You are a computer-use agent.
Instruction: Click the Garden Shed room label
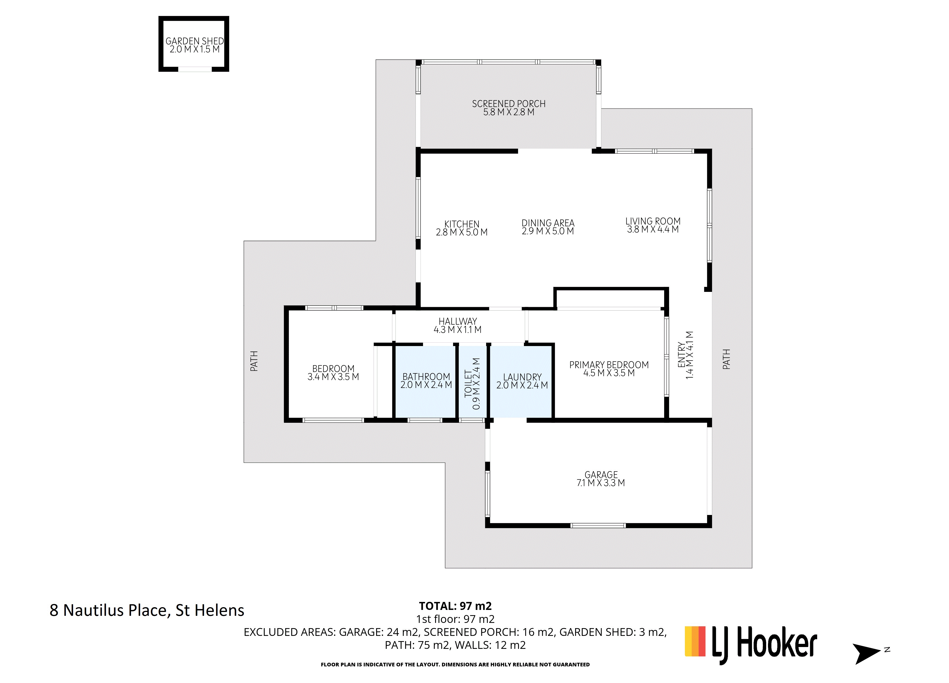[x=195, y=41]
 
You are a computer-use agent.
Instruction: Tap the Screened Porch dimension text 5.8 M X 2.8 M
[x=509, y=112]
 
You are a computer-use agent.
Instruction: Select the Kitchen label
[x=462, y=224]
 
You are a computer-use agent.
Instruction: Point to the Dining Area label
[x=548, y=223]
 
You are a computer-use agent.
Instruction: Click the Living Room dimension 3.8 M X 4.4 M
[x=653, y=229]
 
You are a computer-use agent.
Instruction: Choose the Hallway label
[x=458, y=321]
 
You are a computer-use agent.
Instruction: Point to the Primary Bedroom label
[x=609, y=365]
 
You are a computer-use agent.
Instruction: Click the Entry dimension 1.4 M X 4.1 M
[x=690, y=355]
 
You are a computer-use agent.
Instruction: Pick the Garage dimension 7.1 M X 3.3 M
[x=601, y=483]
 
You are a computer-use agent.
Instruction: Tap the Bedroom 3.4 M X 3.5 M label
[x=333, y=372]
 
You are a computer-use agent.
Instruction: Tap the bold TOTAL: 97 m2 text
[x=455, y=606]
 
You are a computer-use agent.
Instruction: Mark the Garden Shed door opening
[x=195, y=69]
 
